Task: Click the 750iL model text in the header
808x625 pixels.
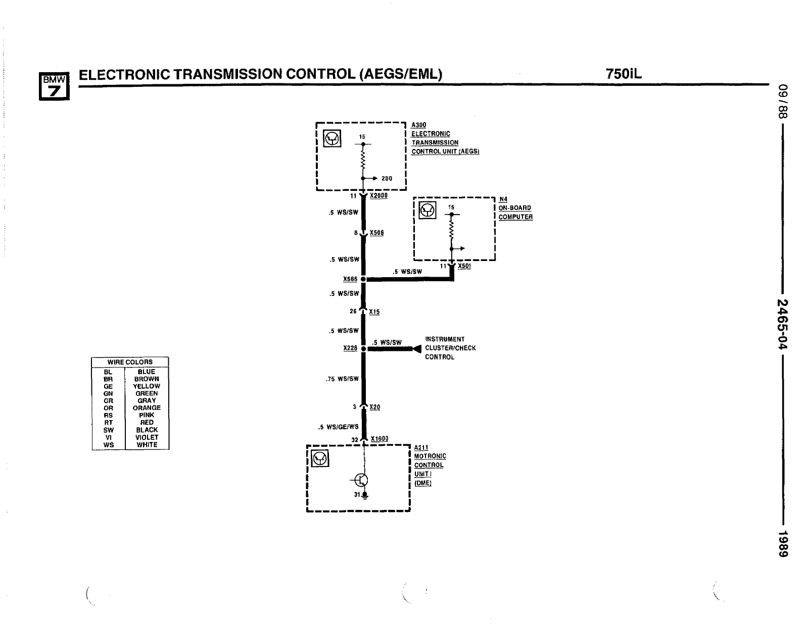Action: (624, 74)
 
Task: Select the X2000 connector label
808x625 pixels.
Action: (378, 195)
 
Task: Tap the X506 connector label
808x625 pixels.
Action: (376, 233)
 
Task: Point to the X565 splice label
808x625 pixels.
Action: (350, 279)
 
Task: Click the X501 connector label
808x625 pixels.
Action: (464, 266)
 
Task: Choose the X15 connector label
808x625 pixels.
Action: (374, 311)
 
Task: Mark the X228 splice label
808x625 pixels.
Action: (350, 348)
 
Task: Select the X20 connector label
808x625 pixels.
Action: (374, 407)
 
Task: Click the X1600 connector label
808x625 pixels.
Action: (379, 439)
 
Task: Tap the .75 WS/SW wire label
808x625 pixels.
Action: (342, 379)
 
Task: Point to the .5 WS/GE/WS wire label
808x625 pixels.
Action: (338, 427)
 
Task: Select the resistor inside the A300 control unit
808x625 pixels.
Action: (363, 162)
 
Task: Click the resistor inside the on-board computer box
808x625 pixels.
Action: (451, 231)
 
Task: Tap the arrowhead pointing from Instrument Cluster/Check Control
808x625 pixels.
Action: (417, 348)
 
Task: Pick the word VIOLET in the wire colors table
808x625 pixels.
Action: (147, 437)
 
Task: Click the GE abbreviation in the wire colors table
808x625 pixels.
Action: (108, 386)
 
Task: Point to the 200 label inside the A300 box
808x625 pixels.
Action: (387, 178)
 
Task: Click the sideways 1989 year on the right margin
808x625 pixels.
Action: (782, 544)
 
